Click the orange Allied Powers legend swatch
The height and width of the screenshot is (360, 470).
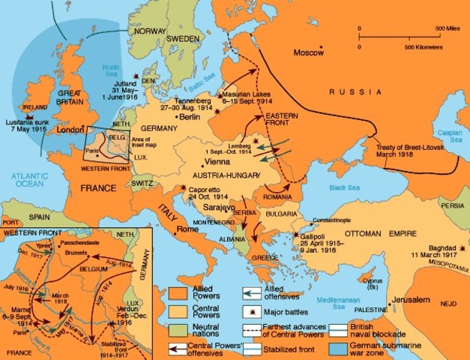click(x=177, y=290)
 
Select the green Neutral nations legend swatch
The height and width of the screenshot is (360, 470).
click(x=177, y=329)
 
